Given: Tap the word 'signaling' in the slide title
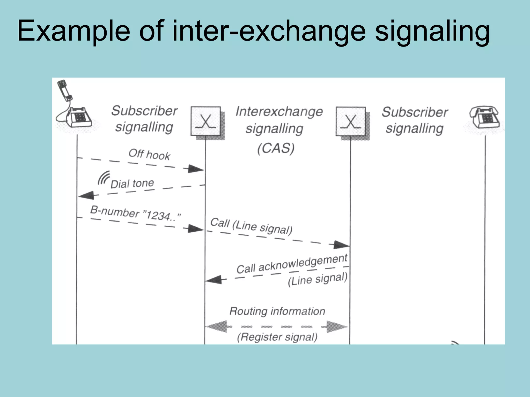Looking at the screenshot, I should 432,32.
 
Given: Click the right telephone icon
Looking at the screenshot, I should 485,118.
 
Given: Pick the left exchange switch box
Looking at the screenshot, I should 206,121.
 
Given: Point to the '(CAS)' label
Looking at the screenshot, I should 276,148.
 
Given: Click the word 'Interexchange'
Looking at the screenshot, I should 279,112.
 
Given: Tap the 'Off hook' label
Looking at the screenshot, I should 149,154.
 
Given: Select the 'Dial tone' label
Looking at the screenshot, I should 132,184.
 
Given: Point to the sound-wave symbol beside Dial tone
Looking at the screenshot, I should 104,178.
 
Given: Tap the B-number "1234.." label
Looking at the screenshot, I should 135,213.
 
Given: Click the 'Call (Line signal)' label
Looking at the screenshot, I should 251,226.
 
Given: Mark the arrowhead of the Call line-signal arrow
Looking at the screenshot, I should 341,245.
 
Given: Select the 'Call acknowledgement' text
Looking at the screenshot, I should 292,264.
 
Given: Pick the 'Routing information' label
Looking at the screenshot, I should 277,311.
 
